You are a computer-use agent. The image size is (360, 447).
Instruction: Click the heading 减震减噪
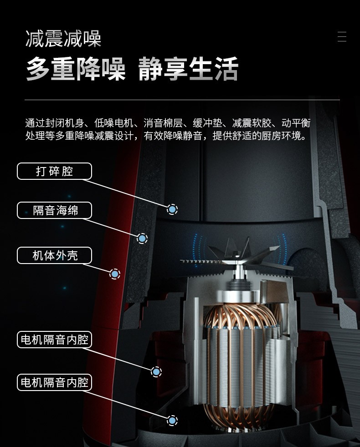[x=63, y=39]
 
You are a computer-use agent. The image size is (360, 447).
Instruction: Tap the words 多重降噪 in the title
[x=76, y=69]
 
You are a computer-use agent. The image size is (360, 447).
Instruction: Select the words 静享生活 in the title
[x=188, y=69]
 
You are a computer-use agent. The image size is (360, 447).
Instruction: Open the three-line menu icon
[x=342, y=36]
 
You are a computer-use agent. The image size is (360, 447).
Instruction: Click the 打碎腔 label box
[x=54, y=171]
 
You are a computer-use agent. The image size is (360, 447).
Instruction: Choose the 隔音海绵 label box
[x=54, y=210]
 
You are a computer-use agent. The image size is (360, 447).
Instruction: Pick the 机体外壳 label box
[x=54, y=255]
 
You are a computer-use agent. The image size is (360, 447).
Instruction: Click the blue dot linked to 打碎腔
[x=172, y=209]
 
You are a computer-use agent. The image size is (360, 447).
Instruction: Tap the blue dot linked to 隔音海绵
[x=142, y=238]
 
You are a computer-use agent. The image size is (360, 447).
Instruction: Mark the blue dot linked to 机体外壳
[x=115, y=274]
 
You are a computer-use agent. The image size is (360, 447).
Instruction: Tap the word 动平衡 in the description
[x=296, y=123]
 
